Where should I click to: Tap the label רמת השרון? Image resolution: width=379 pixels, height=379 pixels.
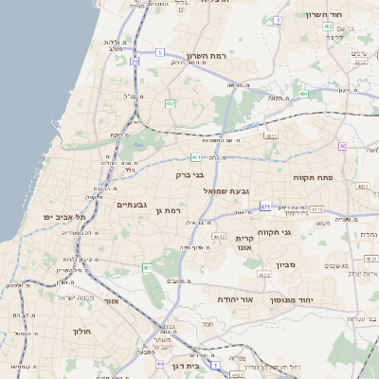tap(208, 55)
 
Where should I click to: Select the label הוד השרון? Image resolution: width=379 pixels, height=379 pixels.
tap(330, 14)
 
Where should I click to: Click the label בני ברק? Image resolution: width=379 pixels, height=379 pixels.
tap(190, 174)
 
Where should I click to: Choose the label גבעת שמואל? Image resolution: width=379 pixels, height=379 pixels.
tap(226, 190)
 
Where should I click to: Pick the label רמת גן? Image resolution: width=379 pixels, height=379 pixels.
tap(168, 210)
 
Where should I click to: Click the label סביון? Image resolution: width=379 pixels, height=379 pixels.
tap(286, 265)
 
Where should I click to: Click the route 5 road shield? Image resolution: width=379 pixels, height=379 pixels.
tap(160, 52)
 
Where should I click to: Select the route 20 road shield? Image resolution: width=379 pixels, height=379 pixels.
tap(135, 62)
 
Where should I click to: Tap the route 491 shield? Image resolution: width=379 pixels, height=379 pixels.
tap(303, 94)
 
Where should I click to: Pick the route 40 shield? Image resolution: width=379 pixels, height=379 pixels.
tap(342, 146)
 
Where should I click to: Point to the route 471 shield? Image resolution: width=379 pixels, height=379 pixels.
tap(265, 206)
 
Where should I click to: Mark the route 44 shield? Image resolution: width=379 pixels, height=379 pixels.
tap(160, 363)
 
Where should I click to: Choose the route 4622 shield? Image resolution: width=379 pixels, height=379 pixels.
tap(263, 275)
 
